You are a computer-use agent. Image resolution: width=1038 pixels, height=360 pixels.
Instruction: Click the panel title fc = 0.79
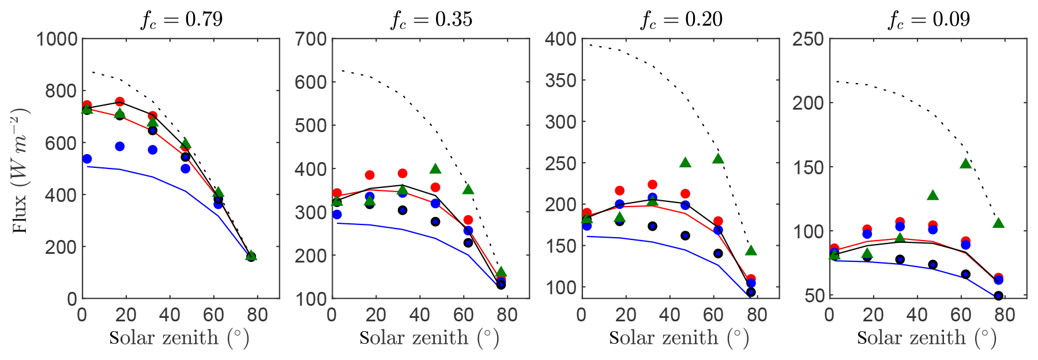point(182,20)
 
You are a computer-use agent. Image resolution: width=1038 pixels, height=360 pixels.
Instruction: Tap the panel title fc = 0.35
point(431,20)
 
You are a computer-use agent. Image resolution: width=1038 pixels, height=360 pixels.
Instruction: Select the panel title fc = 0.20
point(681,20)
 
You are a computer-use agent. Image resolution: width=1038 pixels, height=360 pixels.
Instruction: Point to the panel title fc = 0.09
point(929,20)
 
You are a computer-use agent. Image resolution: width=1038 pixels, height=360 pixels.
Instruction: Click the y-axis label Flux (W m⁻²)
point(21,170)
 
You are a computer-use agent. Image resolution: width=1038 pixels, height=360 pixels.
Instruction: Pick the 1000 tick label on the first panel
point(57,39)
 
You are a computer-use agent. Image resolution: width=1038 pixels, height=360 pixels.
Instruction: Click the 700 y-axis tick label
point(311,39)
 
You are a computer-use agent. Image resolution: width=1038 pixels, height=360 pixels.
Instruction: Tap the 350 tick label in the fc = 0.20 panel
point(561,81)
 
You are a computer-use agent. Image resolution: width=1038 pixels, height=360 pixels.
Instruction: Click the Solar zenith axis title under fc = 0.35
point(429,338)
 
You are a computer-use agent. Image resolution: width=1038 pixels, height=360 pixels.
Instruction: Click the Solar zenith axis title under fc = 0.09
point(927,338)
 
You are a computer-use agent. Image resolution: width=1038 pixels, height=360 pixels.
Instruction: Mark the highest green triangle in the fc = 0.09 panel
point(966,164)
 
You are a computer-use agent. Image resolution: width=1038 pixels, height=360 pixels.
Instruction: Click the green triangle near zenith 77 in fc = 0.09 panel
point(999,223)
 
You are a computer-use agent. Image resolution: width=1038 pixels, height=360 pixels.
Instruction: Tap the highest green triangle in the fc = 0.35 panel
point(435,169)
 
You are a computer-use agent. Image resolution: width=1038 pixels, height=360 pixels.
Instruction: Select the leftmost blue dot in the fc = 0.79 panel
point(87,159)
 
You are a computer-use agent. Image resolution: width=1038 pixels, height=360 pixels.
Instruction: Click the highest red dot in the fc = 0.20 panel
point(652,185)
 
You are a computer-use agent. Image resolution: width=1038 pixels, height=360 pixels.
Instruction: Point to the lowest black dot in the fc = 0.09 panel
point(999,296)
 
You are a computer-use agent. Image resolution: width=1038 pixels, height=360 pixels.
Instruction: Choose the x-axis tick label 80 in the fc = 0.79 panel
point(258,315)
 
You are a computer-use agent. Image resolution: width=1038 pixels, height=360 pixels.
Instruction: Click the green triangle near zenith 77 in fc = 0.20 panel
point(751,250)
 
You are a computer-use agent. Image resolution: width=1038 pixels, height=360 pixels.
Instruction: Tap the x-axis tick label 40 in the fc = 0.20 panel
point(670,315)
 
